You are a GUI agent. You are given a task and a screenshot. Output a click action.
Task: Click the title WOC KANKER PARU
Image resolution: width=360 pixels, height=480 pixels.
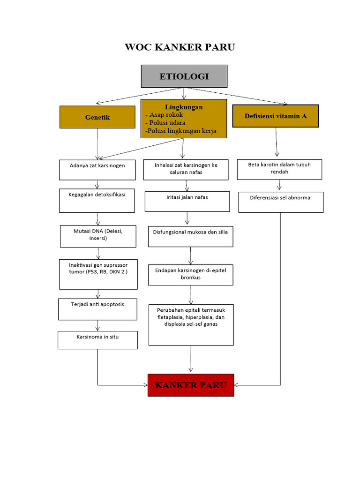(180, 47)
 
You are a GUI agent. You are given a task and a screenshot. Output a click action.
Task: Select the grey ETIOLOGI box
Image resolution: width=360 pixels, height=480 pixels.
(184, 76)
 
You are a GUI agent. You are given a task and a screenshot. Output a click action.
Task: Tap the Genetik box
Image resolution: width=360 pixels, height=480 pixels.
(97, 117)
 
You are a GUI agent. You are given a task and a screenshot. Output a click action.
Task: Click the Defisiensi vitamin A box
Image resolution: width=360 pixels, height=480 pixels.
(276, 116)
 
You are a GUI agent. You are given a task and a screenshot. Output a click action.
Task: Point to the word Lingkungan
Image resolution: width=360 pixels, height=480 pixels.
(184, 107)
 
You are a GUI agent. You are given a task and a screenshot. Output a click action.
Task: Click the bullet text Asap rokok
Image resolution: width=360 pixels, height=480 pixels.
(165, 115)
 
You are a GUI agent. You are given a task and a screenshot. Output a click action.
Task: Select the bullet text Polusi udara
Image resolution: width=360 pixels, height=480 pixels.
(165, 123)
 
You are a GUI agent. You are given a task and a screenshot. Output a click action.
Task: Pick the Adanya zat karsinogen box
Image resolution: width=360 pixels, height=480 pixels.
(97, 170)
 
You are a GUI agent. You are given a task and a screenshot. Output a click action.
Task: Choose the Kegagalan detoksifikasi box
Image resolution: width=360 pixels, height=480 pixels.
(97, 201)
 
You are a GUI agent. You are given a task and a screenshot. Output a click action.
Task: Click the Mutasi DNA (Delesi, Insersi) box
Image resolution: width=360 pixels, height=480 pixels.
(98, 236)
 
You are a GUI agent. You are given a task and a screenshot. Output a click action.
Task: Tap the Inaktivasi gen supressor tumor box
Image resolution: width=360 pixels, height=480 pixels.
(98, 274)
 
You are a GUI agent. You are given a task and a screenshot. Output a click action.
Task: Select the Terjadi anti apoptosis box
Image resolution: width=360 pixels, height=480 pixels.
(97, 309)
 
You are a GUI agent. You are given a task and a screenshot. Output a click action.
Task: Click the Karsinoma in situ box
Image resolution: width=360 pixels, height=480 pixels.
(97, 340)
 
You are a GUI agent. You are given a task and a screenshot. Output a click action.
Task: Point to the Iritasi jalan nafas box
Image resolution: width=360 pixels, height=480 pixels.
(187, 201)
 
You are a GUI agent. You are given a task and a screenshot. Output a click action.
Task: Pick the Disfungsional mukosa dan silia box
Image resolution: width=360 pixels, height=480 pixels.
(190, 237)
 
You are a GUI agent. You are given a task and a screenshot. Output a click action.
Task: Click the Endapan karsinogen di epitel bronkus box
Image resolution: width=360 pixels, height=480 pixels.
(190, 275)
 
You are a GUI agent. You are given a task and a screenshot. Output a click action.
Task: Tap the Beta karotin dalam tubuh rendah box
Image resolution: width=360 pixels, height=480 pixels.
(279, 169)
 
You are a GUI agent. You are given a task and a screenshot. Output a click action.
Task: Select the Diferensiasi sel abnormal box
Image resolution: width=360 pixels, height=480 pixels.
(281, 202)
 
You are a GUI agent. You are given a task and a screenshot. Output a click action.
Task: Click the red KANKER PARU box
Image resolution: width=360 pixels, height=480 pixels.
(191, 385)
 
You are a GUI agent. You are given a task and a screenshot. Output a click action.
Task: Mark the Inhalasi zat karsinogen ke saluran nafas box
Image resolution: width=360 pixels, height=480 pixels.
(186, 170)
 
